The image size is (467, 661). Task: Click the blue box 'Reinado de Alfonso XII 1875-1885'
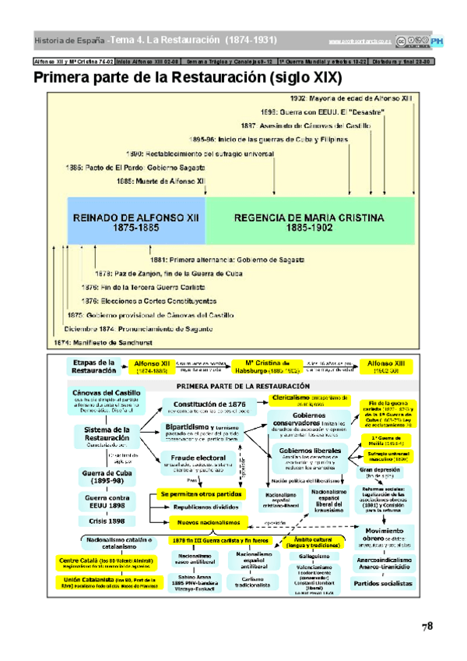tap(136, 221)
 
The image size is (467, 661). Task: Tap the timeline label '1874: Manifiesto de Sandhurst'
tap(103, 343)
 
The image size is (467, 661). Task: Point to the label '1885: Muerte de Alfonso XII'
tap(161, 180)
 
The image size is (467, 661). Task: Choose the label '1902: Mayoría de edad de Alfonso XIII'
tap(350, 99)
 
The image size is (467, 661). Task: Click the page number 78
tap(427, 626)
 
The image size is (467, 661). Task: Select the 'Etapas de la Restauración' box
tap(93, 366)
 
